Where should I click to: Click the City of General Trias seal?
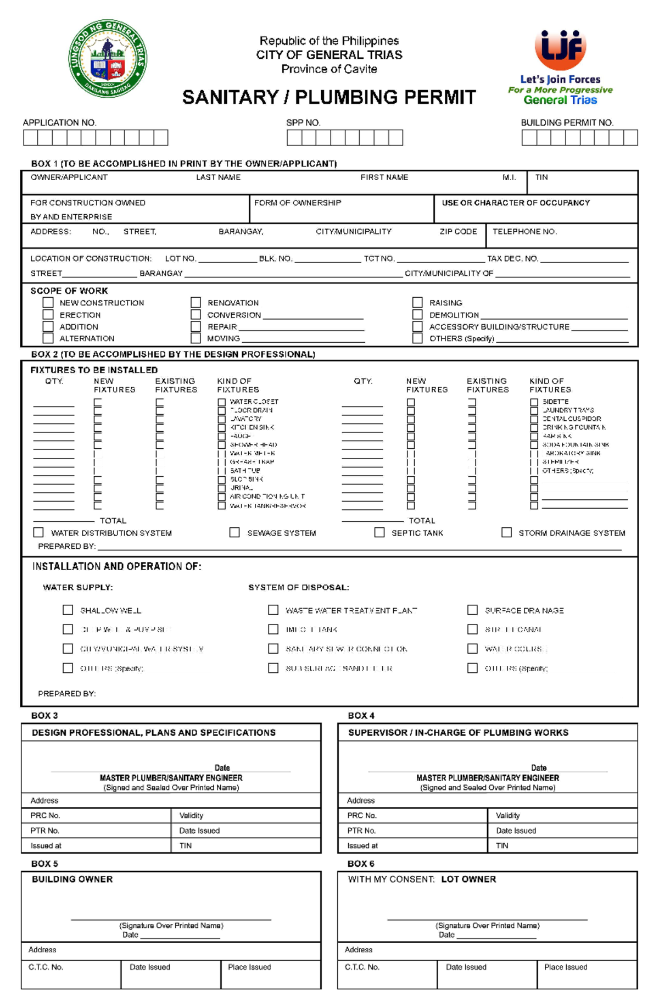pyautogui.click(x=108, y=59)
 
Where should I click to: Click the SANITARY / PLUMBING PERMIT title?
pyautogui.click(x=329, y=97)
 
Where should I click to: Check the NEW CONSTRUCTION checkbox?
pyautogui.click(x=48, y=303)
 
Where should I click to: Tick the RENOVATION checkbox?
pyautogui.click(x=196, y=303)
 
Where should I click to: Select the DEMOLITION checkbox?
pyautogui.click(x=417, y=315)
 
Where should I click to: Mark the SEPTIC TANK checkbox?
pyautogui.click(x=379, y=532)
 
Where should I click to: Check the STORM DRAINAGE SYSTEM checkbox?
pyautogui.click(x=506, y=532)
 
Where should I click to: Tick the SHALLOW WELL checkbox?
pyautogui.click(x=68, y=610)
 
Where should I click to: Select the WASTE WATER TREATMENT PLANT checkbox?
pyautogui.click(x=273, y=610)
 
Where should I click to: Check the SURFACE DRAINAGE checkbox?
pyautogui.click(x=472, y=610)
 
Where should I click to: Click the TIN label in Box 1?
pyautogui.click(x=541, y=177)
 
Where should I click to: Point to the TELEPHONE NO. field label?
pyautogui.click(x=524, y=232)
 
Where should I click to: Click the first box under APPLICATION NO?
pyautogui.click(x=30, y=137)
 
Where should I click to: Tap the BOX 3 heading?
pyautogui.click(x=44, y=715)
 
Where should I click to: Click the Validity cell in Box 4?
pyautogui.click(x=562, y=815)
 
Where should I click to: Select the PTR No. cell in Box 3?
pyautogui.click(x=96, y=830)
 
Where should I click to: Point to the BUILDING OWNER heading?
pyautogui.click(x=72, y=879)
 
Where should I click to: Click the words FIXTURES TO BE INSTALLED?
pyautogui.click(x=94, y=370)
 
